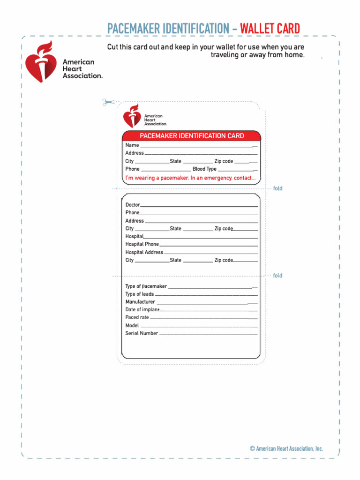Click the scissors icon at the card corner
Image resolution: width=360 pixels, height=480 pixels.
tap(108, 102)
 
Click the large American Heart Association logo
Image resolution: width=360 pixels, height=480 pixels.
tap(63, 62)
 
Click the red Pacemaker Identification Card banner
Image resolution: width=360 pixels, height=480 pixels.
tap(191, 136)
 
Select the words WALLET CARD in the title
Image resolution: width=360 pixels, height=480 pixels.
tap(270, 29)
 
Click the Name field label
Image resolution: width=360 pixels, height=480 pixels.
tap(132, 145)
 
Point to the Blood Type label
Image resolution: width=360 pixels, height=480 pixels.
tap(204, 169)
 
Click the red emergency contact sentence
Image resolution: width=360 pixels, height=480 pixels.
tap(190, 178)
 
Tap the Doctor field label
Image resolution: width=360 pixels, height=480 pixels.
tap(132, 205)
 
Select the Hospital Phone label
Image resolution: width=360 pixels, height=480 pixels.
tap(142, 244)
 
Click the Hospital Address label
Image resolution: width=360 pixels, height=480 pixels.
tap(144, 252)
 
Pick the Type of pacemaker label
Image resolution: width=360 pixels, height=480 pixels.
tap(146, 286)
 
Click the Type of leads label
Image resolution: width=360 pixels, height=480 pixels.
tap(139, 294)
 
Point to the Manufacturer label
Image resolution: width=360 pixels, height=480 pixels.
tap(140, 302)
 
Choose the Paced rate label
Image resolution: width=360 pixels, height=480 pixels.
tap(137, 317)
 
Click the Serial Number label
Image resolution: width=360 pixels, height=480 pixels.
tap(142, 333)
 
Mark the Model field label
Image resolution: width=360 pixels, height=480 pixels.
tap(132, 325)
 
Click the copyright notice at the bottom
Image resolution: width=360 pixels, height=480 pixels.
tap(286, 449)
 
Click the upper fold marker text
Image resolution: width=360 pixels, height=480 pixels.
tap(277, 188)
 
